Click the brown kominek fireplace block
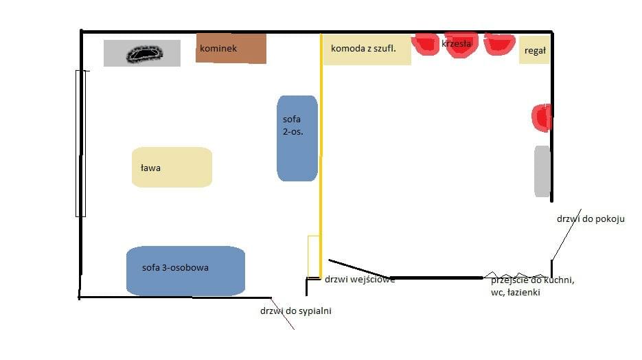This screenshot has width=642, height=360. [x=231, y=48]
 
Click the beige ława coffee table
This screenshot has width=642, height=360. [x=172, y=167]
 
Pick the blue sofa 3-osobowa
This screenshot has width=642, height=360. [x=185, y=270]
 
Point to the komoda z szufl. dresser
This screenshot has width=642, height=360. [x=367, y=49]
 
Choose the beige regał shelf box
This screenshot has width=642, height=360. [x=535, y=50]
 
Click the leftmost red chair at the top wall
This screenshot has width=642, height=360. [x=426, y=45]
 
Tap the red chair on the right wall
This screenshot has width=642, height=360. [x=542, y=117]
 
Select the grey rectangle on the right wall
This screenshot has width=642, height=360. [x=542, y=171]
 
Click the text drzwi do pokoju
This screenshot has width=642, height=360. [x=591, y=219]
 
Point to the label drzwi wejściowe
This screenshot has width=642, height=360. [x=359, y=280]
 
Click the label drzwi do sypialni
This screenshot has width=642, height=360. [x=296, y=311]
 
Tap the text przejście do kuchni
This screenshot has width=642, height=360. [x=533, y=281]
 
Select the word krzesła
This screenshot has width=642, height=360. [x=457, y=44]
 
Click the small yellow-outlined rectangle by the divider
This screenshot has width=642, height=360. [x=314, y=256]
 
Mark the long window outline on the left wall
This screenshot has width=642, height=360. [x=80, y=143]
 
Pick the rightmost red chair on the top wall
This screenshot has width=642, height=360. [x=499, y=45]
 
